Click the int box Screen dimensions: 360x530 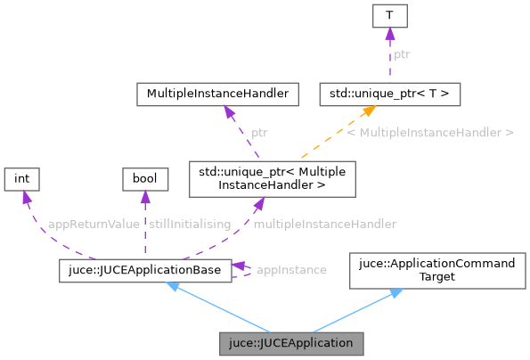tap(22, 179)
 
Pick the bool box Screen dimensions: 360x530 tap(144, 179)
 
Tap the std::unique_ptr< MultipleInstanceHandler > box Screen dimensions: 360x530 tap(272, 178)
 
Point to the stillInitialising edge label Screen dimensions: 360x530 tap(190, 224)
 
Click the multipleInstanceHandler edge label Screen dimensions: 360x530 tap(324, 224)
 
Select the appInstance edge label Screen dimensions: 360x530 tap(290, 269)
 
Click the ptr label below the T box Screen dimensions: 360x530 tap(403, 53)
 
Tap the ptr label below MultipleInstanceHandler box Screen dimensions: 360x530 tap(259, 132)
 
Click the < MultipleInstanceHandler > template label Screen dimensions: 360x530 tap(430, 132)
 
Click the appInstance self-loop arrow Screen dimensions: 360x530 tap(243, 269)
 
